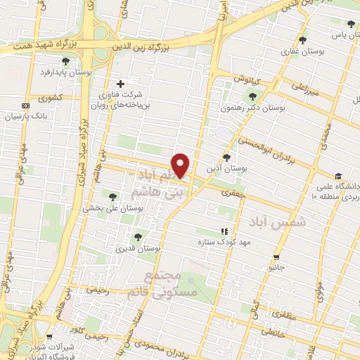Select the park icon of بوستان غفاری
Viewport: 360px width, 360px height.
click(302, 40)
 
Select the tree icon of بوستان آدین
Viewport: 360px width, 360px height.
click(226, 157)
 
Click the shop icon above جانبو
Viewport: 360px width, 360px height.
click(277, 257)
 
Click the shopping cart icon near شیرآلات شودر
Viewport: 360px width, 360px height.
click(49, 337)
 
